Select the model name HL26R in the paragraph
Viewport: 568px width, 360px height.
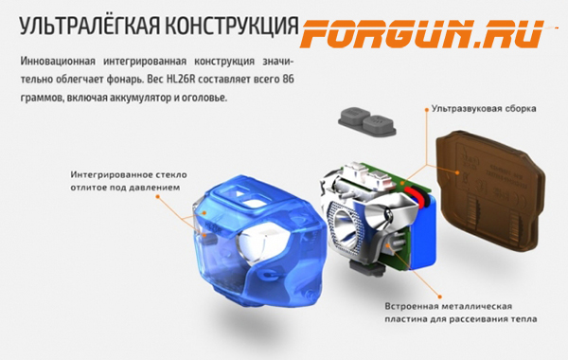click(x=181, y=79)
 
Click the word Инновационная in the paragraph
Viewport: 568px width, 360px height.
click(x=58, y=62)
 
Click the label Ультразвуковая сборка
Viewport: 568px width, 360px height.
click(x=484, y=109)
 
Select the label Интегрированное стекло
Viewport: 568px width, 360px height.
click(x=129, y=175)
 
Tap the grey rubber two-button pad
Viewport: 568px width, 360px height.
click(x=366, y=121)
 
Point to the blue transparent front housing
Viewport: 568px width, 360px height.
click(x=257, y=241)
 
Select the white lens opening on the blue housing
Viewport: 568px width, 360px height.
click(x=256, y=245)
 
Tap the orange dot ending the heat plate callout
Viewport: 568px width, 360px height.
click(x=440, y=297)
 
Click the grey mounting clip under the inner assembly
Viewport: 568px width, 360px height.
click(x=364, y=269)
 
